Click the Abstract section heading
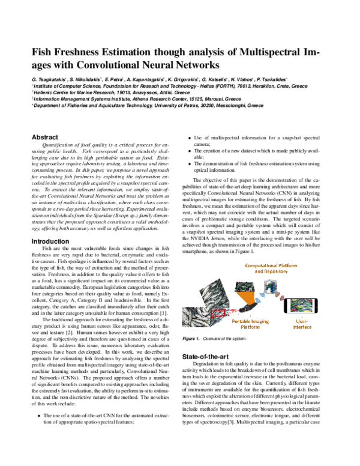coord(44,137)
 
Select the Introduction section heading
coord(50,241)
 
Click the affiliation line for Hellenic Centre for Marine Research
coord(120,92)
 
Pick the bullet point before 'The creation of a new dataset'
coord(190,151)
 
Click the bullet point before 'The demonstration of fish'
coord(190,164)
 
